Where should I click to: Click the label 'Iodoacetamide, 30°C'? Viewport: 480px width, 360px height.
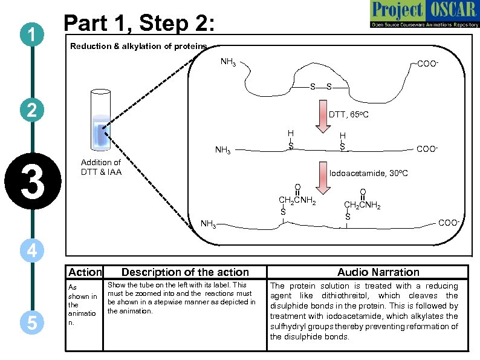point(368,173)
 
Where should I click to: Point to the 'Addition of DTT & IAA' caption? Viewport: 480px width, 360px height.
point(101,167)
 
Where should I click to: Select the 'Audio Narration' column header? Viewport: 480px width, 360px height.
point(378,272)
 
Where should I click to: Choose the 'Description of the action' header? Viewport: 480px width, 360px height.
point(185,272)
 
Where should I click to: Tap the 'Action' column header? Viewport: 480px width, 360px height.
point(85,272)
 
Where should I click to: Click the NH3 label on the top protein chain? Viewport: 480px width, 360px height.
point(229,62)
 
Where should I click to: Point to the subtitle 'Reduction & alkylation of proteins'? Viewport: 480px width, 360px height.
point(138,46)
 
